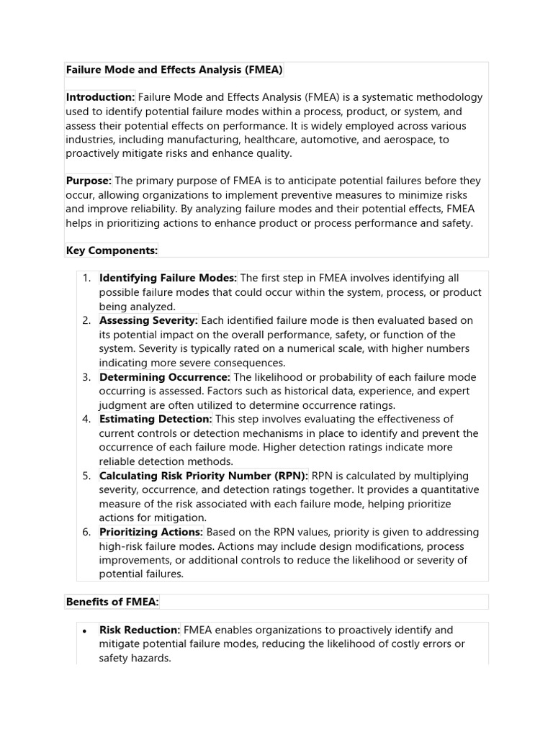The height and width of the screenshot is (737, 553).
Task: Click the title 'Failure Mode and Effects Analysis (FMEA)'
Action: click(x=174, y=70)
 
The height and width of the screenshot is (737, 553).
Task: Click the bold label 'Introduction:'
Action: click(x=101, y=97)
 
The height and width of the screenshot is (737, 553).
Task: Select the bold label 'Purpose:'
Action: click(x=89, y=181)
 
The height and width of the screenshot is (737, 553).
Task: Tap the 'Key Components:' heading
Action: click(x=112, y=250)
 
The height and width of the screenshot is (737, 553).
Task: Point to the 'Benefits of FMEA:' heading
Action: click(x=112, y=602)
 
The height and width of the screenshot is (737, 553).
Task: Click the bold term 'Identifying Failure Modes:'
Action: click(x=168, y=278)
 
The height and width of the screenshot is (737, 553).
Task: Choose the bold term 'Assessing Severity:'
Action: click(x=148, y=320)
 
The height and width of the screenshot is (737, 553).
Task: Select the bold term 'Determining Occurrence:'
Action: click(x=165, y=377)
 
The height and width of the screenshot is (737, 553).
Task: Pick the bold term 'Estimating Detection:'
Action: click(x=156, y=419)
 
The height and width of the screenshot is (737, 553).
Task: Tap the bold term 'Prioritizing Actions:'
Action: click(x=151, y=532)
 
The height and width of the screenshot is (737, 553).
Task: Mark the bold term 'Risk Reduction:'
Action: click(x=140, y=630)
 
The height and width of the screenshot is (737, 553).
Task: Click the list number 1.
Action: click(x=86, y=278)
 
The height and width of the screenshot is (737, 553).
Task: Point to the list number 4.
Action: click(x=86, y=419)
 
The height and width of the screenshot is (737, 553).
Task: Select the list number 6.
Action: click(x=86, y=532)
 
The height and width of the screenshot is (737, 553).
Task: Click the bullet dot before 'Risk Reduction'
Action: click(x=85, y=630)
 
